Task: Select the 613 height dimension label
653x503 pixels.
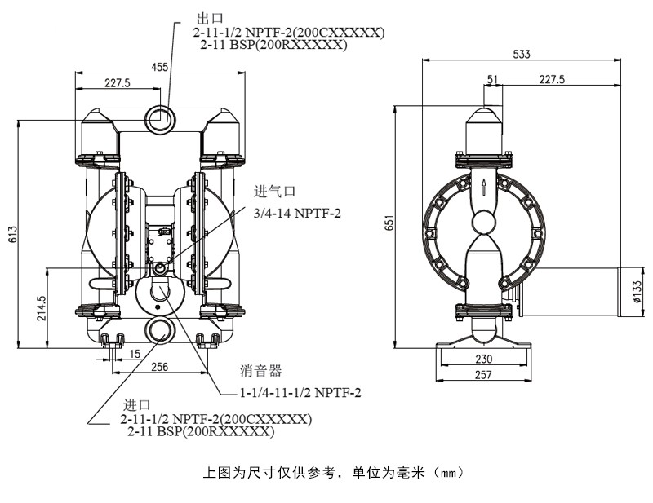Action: (x=12, y=235)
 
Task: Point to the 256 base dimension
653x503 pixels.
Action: (x=159, y=367)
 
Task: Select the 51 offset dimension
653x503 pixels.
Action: (x=491, y=78)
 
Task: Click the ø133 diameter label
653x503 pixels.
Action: (x=637, y=290)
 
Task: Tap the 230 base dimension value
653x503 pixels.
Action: (x=484, y=359)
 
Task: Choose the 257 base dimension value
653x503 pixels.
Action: (x=484, y=374)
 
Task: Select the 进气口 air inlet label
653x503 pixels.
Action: (x=274, y=192)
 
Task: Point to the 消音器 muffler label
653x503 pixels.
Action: (x=261, y=371)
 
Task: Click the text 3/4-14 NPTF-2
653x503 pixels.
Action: (x=297, y=213)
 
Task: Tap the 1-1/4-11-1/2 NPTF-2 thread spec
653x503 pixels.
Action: (x=300, y=393)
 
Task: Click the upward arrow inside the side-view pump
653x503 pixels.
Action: (x=484, y=188)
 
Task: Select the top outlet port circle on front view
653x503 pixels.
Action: (x=160, y=118)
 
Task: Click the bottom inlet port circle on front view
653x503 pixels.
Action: (x=160, y=329)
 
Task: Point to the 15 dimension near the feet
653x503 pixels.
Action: (x=134, y=353)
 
